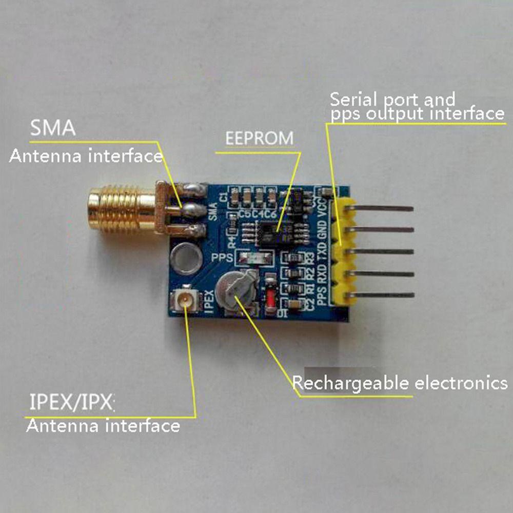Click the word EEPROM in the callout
pos(260,138)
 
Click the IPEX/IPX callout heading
pos(71,403)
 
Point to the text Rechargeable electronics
pos(400,383)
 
